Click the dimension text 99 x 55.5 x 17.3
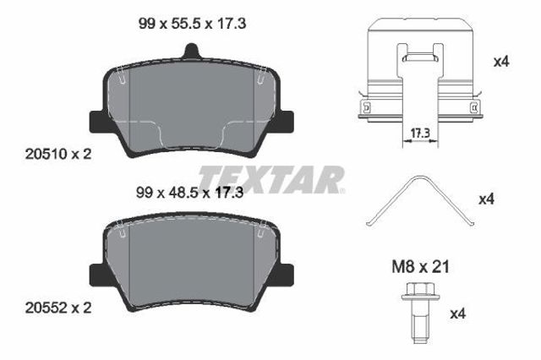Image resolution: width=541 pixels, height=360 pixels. [192, 24]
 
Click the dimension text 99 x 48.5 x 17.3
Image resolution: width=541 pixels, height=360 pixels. [189, 193]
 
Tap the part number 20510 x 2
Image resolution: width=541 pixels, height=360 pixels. [58, 154]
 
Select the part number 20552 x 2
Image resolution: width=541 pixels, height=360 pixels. [58, 308]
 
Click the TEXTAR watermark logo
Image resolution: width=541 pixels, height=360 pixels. [271, 179]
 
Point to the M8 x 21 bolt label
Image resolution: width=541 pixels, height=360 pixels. [421, 267]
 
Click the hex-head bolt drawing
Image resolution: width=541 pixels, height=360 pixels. [420, 313]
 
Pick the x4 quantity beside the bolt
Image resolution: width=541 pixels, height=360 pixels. [458, 314]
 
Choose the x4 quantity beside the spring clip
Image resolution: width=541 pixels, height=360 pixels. [487, 199]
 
